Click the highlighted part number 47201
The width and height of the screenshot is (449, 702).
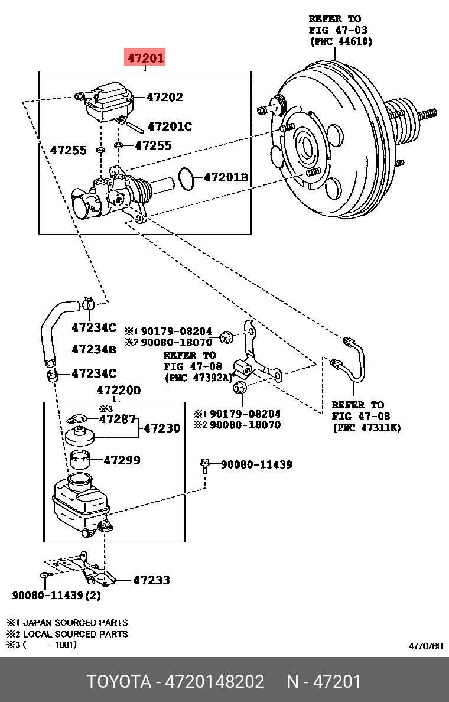point(144,58)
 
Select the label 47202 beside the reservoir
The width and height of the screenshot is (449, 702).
point(164,97)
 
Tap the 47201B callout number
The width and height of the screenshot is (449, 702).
point(226,177)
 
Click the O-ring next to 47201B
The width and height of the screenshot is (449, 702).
point(187,178)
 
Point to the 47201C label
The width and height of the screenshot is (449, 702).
point(170,126)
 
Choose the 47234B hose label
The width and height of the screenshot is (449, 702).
point(93,349)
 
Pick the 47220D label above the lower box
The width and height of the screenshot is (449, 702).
point(119,391)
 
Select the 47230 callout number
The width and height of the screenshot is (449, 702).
point(162,428)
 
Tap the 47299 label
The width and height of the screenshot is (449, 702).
point(122,460)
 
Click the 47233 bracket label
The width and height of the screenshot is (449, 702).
point(151,580)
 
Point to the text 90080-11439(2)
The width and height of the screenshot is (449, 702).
point(56,596)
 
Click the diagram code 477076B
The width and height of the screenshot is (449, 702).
point(425,646)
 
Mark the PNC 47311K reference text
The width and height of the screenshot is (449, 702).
point(366,427)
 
